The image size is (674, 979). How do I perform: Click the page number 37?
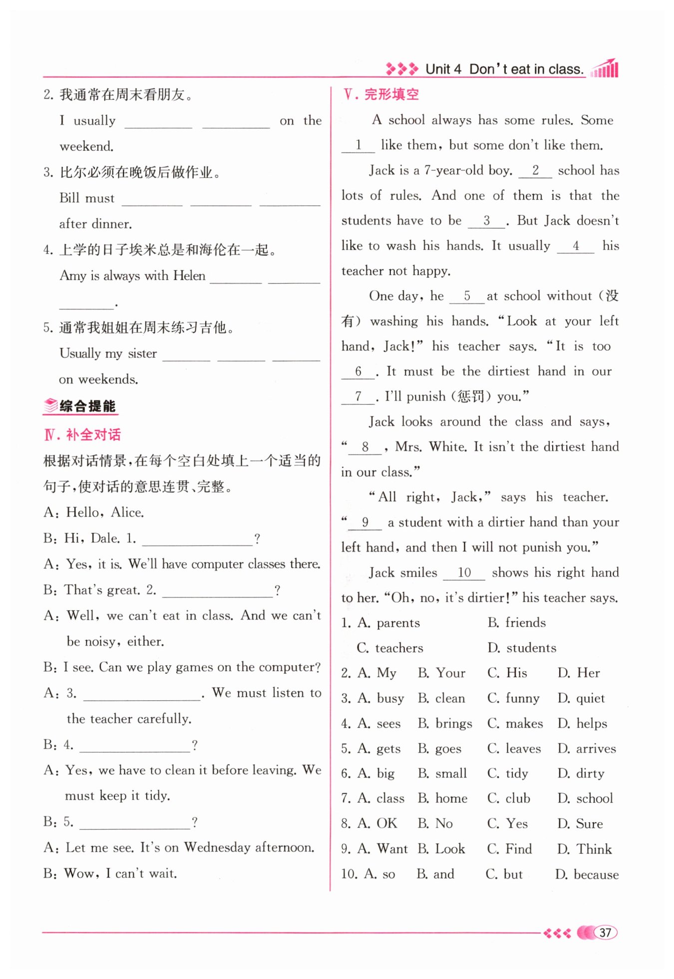point(605,933)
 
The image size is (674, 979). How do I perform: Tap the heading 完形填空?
point(391,94)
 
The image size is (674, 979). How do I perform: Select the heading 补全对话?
point(93,435)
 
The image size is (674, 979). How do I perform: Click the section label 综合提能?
point(87,406)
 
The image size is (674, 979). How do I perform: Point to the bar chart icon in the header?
point(605,69)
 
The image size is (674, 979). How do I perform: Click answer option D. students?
point(522,648)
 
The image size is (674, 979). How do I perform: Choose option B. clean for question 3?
point(441,698)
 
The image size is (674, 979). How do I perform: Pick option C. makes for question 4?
point(515,723)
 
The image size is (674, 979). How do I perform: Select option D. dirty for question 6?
point(581,773)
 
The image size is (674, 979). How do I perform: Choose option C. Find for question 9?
point(510,849)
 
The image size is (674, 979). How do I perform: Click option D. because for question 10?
point(587,874)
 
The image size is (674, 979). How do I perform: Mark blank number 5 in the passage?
point(467,296)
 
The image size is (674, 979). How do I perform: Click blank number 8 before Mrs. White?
point(365,447)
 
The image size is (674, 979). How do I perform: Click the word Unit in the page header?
point(437,69)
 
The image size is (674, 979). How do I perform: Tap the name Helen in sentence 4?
point(189,275)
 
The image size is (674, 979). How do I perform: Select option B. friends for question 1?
point(517,622)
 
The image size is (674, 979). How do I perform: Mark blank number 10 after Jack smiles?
point(464,573)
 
